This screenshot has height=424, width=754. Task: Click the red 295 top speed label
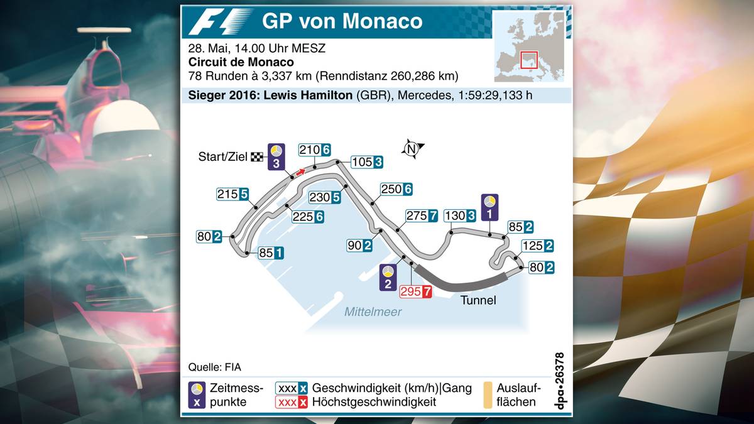[416, 291]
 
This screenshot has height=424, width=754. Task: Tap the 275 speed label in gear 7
[422, 216]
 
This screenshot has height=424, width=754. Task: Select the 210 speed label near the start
[315, 150]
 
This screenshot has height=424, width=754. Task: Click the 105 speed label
[366, 162]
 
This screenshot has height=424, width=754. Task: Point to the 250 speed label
[396, 189]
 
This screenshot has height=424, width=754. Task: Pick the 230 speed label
[325, 197]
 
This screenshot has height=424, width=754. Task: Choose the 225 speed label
[308, 216]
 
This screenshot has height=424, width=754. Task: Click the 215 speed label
[233, 194]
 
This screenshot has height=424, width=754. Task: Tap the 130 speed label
[459, 216]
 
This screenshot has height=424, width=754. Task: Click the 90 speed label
[359, 246]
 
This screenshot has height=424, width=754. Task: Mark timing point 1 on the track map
[489, 207]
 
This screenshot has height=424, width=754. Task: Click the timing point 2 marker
[388, 277]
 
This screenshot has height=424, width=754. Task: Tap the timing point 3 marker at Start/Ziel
[276, 156]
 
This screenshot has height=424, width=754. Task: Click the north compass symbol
[412, 149]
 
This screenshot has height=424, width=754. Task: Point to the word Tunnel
[478, 300]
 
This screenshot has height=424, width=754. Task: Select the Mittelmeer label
[373, 312]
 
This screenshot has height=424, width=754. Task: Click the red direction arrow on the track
[302, 171]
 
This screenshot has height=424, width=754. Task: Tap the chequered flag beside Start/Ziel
[256, 157]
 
